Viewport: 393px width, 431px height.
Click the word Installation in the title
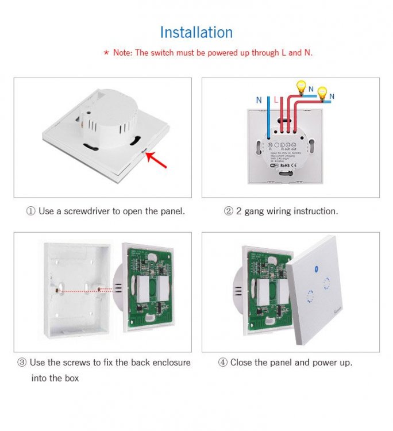(x=196, y=32)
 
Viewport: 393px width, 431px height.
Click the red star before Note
(x=106, y=53)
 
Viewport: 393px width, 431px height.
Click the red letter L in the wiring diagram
(x=276, y=100)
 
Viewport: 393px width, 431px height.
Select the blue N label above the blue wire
(x=259, y=100)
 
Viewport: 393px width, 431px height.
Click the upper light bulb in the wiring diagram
(x=300, y=87)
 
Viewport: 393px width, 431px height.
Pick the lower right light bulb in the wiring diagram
(x=323, y=93)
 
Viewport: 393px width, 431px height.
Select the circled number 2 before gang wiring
(x=228, y=211)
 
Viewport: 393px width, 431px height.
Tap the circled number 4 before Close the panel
(x=223, y=363)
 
